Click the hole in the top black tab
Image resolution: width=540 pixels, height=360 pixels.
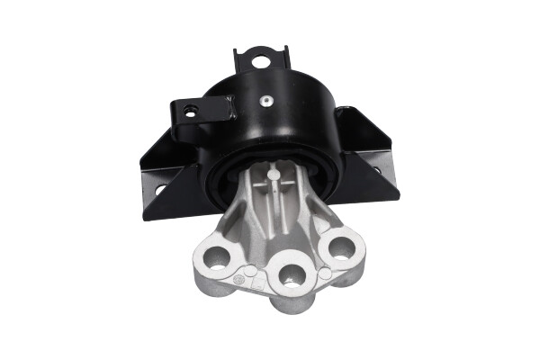coord(261,61)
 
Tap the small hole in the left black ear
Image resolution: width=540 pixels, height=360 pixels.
coord(191,111)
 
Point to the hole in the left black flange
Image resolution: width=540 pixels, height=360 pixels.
coord(158,190)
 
